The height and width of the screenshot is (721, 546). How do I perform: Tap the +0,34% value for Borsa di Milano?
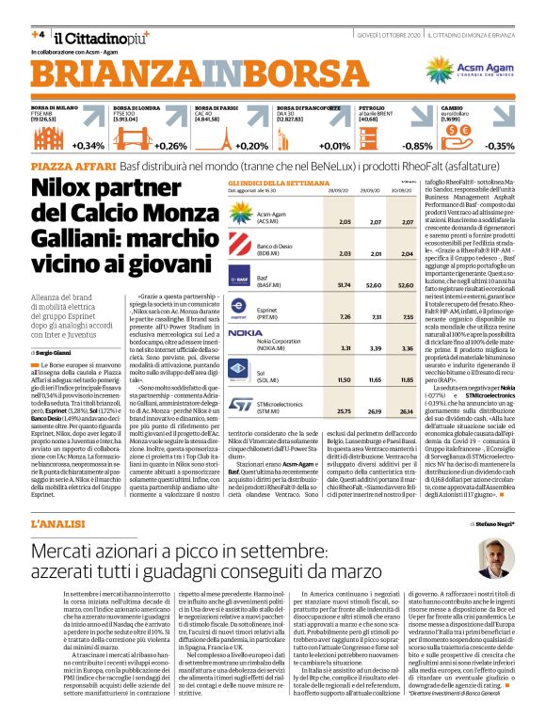pos(88,146)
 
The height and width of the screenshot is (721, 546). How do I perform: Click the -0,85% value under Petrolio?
pos(416,146)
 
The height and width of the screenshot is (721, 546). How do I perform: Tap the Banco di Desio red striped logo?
pos(239,250)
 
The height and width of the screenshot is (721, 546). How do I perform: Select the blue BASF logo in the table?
pos(239,280)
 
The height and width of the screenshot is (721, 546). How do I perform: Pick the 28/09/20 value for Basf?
pos(317,283)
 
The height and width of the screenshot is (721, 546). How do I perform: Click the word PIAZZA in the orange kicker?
pos(55,165)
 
